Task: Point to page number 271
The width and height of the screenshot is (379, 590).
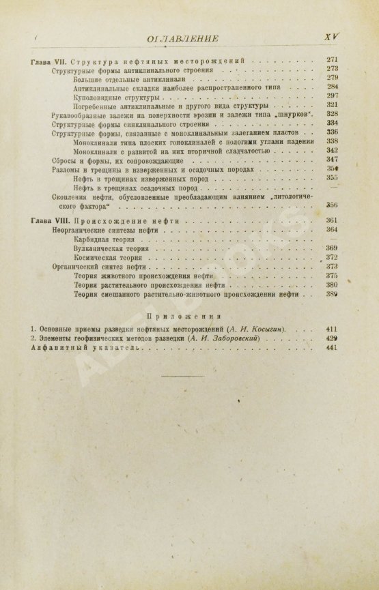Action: coord(333,60)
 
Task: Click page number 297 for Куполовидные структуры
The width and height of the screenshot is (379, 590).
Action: coord(333,95)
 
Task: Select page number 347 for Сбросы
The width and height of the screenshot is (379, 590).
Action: coord(333,158)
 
